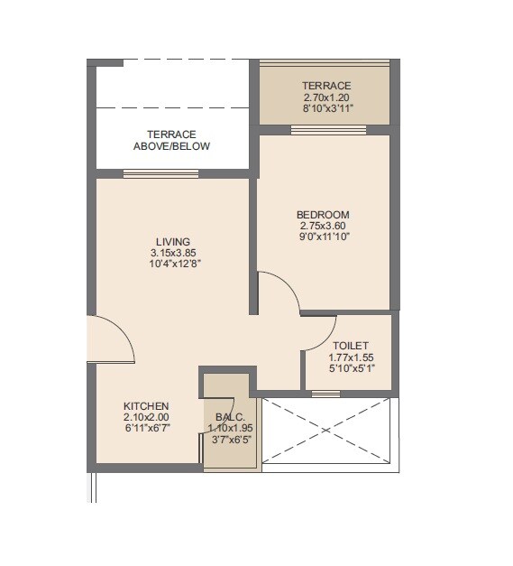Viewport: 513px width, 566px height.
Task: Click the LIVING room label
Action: (172, 242)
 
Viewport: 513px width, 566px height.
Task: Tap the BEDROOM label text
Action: (322, 214)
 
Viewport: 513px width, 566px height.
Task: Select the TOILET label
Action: (350, 346)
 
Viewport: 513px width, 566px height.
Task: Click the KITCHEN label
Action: (146, 406)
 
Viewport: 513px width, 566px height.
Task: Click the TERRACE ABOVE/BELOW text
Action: (171, 140)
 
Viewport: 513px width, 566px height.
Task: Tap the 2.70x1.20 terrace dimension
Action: (326, 97)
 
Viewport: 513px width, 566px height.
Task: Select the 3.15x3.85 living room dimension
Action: (172, 253)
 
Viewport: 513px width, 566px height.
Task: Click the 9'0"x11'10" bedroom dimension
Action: (322, 237)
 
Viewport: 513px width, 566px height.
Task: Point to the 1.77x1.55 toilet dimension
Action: (350, 357)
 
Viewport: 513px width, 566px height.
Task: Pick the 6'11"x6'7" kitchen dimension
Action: (146, 428)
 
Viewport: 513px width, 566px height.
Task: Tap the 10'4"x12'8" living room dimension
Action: (172, 264)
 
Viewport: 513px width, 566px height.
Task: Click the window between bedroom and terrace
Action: (328, 130)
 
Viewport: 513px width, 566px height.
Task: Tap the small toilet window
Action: (325, 393)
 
